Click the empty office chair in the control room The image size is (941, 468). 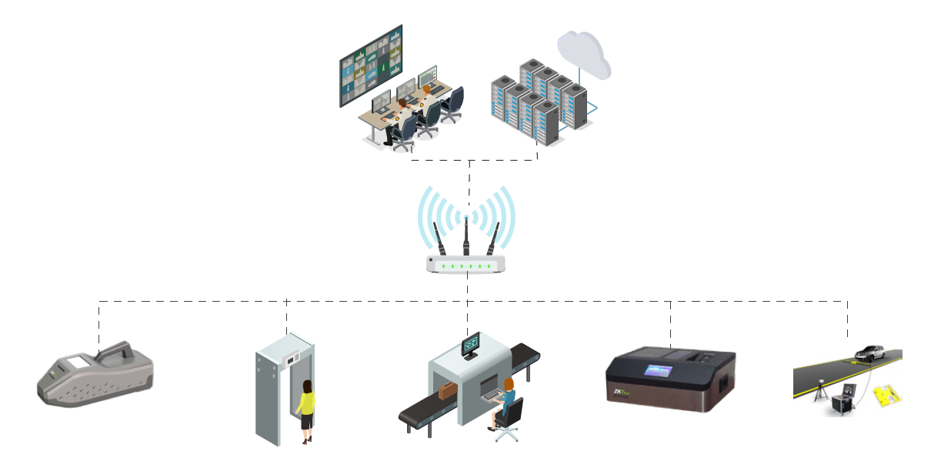[x=453, y=103]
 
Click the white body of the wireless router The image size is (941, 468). [x=466, y=265]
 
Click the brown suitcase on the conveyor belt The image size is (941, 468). [x=448, y=392]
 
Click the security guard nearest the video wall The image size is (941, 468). [x=401, y=115]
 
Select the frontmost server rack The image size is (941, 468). [x=546, y=123]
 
